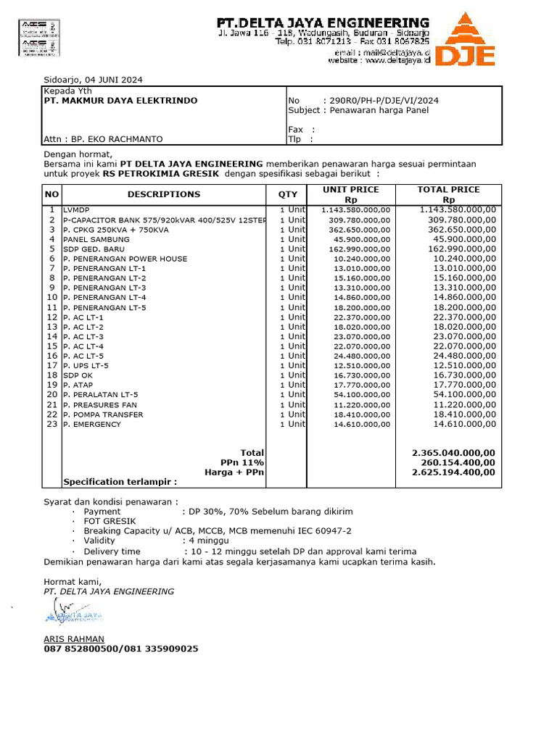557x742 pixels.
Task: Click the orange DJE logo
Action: (x=469, y=41)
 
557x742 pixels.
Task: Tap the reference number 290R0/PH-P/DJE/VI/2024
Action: (x=384, y=101)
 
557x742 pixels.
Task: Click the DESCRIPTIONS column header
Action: (x=164, y=194)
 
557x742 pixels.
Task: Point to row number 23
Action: (x=51, y=424)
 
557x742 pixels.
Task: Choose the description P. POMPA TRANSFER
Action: (x=103, y=414)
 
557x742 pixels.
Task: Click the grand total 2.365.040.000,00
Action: (x=453, y=452)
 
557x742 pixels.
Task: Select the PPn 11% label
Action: (x=242, y=462)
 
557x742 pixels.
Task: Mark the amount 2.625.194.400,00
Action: (x=453, y=472)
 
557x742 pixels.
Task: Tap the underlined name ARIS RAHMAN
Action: (x=74, y=638)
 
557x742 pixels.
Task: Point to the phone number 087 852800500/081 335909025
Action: (x=120, y=649)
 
